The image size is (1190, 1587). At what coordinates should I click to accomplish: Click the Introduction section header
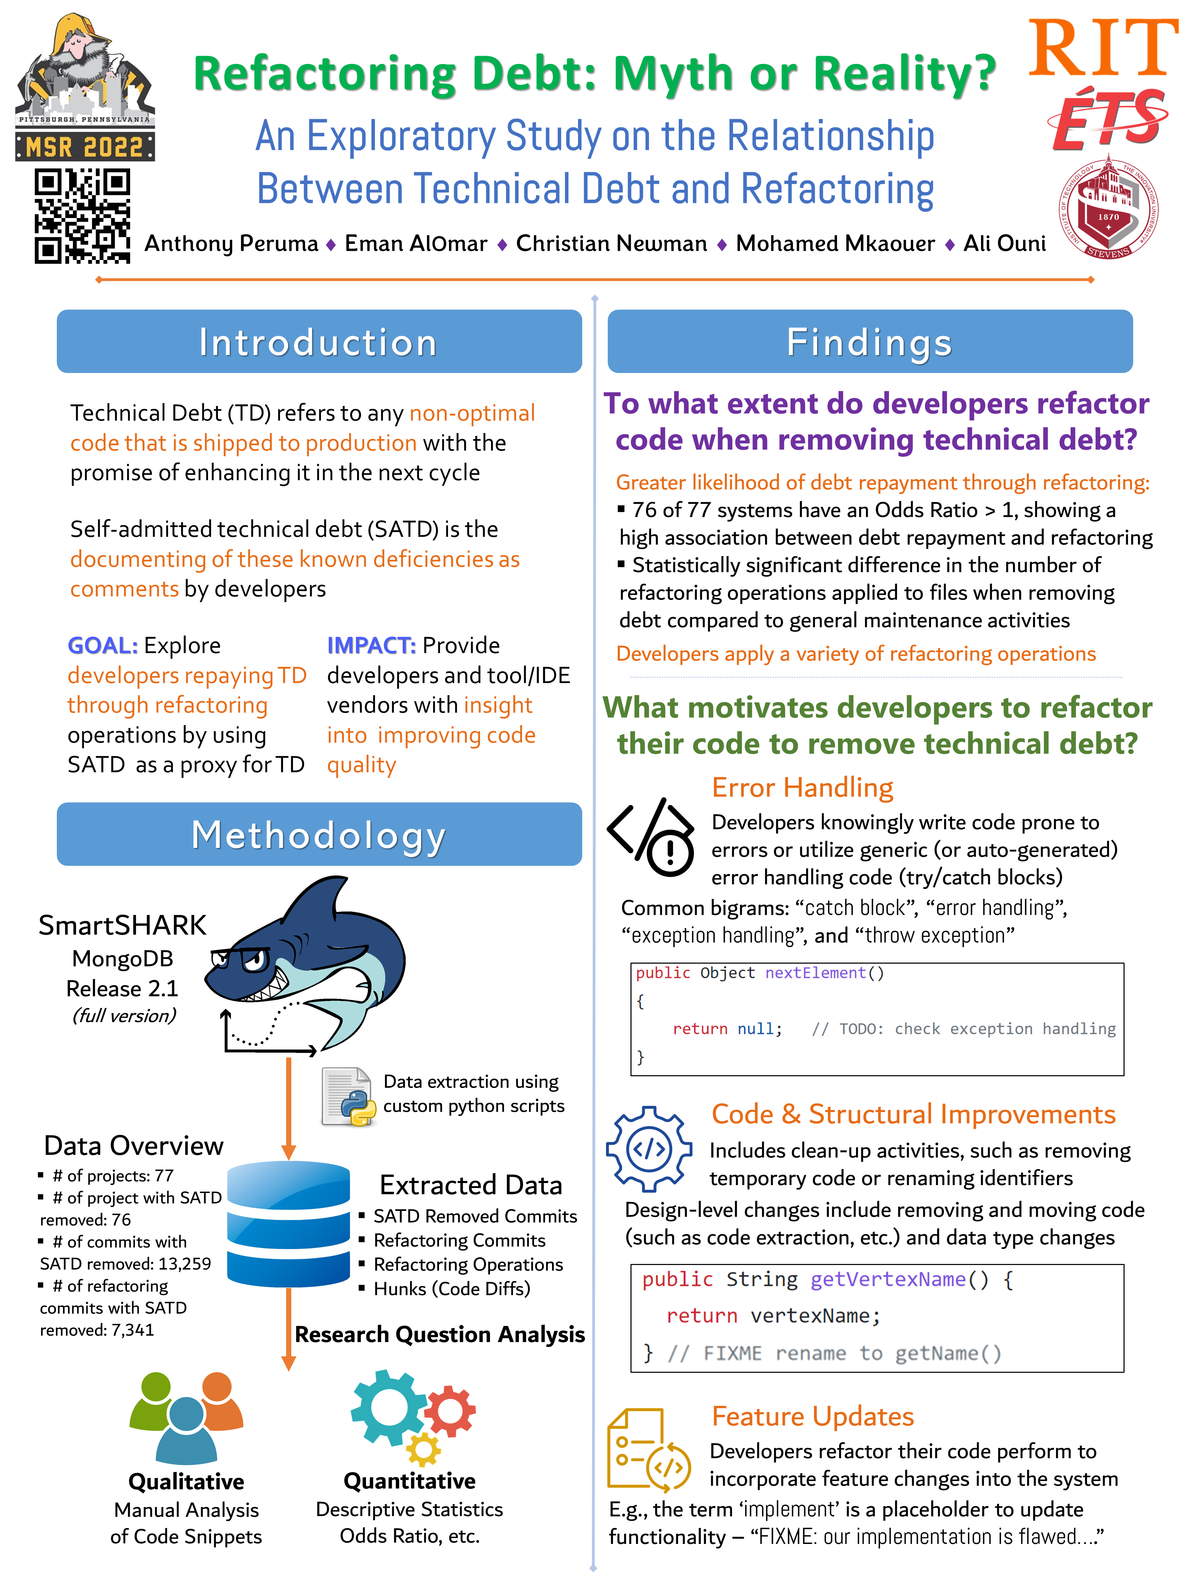pos(319,342)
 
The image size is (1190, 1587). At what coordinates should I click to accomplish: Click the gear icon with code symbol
pos(648,1149)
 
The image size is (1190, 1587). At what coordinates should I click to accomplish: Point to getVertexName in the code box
pos(887,1279)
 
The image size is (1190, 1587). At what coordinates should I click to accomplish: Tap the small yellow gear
pos(423,1449)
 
